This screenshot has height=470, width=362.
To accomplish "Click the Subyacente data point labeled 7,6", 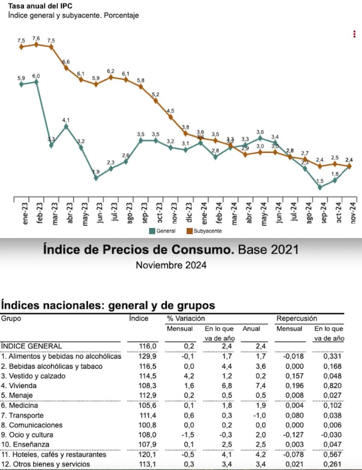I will pyautogui.click(x=36, y=44).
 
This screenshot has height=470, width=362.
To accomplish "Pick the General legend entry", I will pyautogui.click(x=162, y=231).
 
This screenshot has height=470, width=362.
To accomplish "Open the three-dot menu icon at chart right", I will pyautogui.click(x=354, y=34).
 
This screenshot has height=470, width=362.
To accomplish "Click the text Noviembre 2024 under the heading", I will pyautogui.click(x=171, y=265).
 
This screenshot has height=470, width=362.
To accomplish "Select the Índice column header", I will pyautogui.click(x=139, y=318).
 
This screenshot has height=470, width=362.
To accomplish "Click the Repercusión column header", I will pyautogui.click(x=296, y=318).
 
